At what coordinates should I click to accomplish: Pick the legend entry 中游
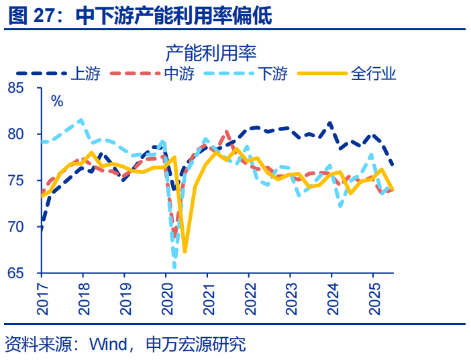click(x=178, y=73)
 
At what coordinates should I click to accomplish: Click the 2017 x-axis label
click(x=41, y=299)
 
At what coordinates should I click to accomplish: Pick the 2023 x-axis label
click(x=290, y=299)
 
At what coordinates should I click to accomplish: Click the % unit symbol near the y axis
click(x=57, y=101)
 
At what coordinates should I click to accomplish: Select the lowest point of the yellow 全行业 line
click(x=185, y=252)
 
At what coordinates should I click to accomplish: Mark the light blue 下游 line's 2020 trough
click(x=174, y=267)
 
